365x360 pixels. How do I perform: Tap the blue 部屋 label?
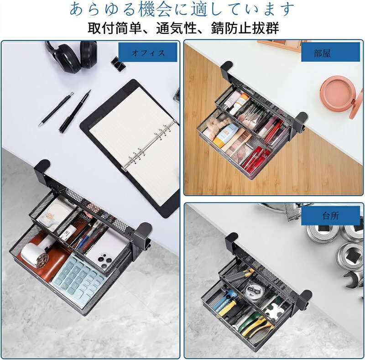[x=330, y=52]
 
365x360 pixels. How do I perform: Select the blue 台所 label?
[x=330, y=216]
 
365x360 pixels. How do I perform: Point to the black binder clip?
[x=119, y=63]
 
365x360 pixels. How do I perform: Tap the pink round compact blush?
[x=341, y=97]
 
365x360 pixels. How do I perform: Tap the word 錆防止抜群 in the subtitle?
[x=245, y=29]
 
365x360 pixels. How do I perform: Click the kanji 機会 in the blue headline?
[x=155, y=9]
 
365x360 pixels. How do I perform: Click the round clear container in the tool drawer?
[x=253, y=290]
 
